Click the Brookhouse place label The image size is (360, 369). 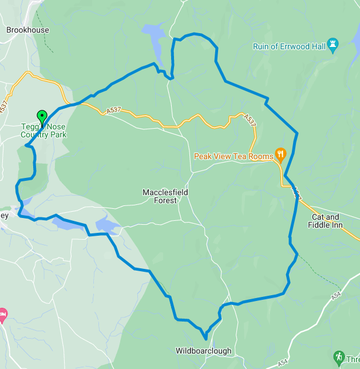(27, 30)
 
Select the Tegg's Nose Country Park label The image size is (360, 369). (43, 130)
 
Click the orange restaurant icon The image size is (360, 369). (280, 153)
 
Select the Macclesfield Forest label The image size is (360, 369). (165, 196)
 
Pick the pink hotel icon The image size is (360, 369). (2, 314)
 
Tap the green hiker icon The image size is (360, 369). (339, 358)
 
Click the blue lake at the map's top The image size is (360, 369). (154, 35)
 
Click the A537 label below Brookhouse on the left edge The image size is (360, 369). (5, 106)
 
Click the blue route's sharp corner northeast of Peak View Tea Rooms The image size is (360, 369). (298, 134)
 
